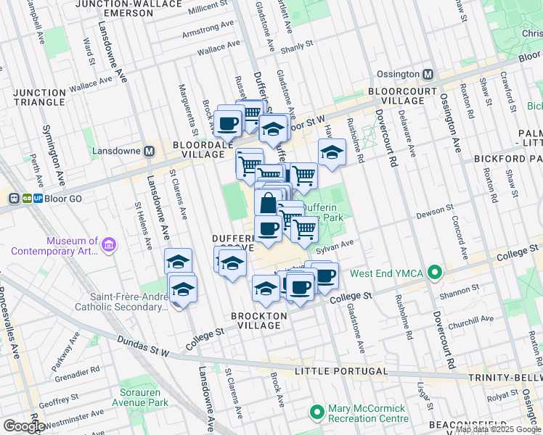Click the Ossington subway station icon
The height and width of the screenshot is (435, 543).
(428, 74)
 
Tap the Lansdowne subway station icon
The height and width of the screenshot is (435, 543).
(150, 152)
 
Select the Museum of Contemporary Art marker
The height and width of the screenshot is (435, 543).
(109, 246)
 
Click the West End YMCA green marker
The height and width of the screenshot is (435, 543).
(435, 273)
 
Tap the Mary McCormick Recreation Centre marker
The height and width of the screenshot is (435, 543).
(317, 413)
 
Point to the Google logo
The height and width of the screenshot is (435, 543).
(24, 426)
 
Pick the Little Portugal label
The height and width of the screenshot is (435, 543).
(341, 371)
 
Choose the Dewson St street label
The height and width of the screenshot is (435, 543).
(435, 215)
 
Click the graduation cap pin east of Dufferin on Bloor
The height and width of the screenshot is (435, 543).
(331, 153)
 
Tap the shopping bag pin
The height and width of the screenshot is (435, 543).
(268, 203)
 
